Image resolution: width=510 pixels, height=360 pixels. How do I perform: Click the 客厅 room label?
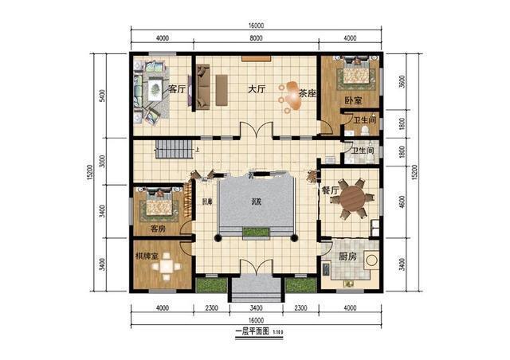pos(176,88)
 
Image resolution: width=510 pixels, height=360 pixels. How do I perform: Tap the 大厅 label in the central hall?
pos(255,89)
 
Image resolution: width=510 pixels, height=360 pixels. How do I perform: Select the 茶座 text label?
pos(307,93)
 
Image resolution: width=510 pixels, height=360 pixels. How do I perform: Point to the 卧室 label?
pos(353,101)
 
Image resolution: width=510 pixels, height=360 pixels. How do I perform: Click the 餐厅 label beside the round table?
pos(329,191)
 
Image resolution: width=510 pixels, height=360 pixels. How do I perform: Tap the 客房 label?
pos(157,229)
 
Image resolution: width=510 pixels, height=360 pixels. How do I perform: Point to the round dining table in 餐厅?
pos(354,199)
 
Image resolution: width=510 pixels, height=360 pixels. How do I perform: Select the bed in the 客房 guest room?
pos(159,206)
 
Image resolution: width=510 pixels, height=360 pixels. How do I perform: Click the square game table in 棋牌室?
pos(167,269)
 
